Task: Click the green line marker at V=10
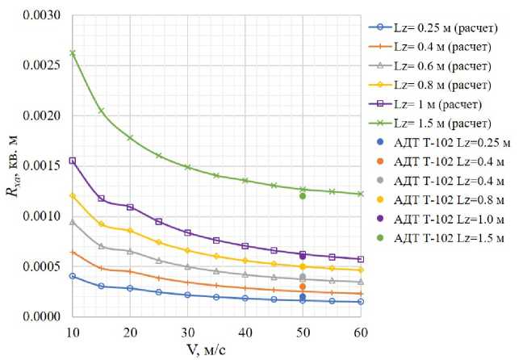(x=73, y=53)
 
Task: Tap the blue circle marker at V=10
(x=73, y=276)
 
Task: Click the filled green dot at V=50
(x=303, y=196)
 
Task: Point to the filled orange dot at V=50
(x=303, y=287)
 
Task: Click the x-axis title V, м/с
(x=216, y=350)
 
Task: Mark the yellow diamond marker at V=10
(x=73, y=196)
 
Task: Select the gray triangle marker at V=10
(x=73, y=222)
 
